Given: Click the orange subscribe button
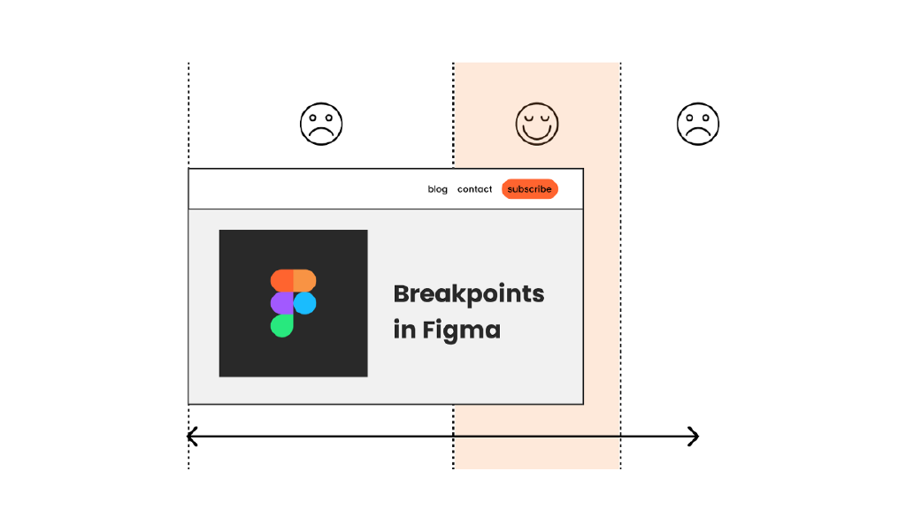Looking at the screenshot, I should tap(530, 189).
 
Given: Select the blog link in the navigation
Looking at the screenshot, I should tap(437, 189).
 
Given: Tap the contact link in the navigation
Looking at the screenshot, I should tap(474, 189).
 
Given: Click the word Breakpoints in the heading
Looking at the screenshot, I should tap(468, 294).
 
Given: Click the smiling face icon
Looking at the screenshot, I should tap(537, 124).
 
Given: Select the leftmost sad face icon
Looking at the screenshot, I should tap(321, 124).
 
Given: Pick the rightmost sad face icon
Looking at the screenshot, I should tap(698, 124).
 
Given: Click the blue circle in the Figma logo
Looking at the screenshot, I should tap(305, 304).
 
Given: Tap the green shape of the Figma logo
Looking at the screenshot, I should tap(281, 326).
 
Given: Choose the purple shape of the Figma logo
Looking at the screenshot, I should tap(281, 304).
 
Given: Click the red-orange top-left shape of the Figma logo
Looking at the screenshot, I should tap(281, 280).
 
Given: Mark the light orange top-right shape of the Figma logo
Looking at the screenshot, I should tap(304, 280).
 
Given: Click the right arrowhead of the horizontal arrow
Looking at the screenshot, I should tap(695, 437).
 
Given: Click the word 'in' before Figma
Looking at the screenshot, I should tap(404, 331).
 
